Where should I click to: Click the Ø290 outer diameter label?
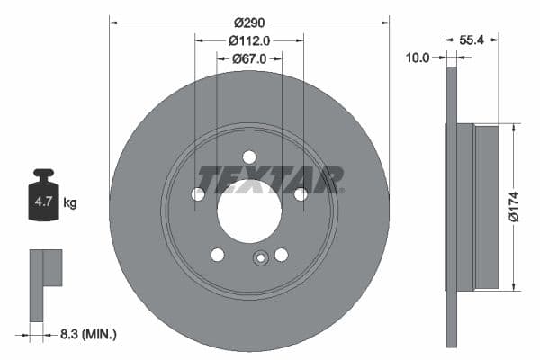coord(248,22)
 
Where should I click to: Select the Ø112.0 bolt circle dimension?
coord(249,40)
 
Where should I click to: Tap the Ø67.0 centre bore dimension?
coord(249,59)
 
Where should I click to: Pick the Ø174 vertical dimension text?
coord(513,205)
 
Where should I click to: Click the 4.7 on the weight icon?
coord(43,202)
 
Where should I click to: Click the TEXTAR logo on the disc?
coord(270,180)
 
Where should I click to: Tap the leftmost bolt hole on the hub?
coord(198,193)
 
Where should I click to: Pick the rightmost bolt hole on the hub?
coord(301,193)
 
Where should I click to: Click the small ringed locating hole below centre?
coord(261,258)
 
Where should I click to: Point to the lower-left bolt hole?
coord(218,255)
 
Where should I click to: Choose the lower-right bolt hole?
coord(281,255)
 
